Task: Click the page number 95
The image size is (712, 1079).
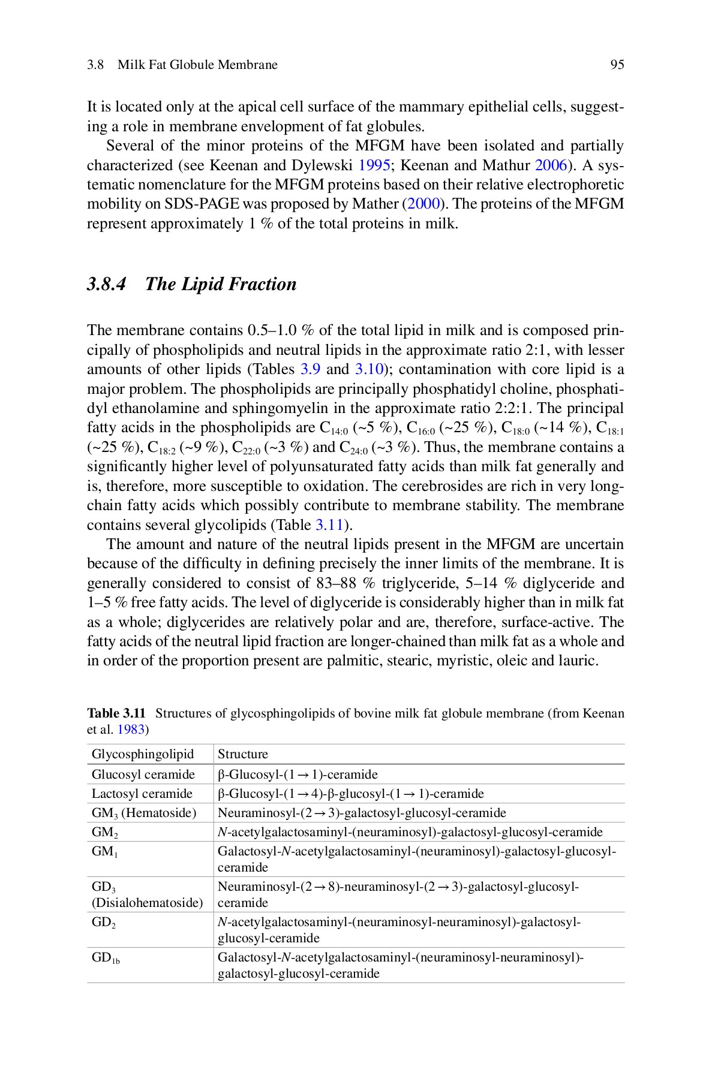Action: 617,65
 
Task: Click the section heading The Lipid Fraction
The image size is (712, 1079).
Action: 221,284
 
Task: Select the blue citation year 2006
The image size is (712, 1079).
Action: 550,165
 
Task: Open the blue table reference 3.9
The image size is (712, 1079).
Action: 305,369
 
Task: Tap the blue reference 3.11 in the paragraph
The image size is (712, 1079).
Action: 328,525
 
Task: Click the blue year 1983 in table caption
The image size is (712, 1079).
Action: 131,730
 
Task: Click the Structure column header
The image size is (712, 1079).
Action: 242,754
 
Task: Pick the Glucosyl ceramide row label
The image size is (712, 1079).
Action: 143,774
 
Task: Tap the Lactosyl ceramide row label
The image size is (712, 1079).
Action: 142,794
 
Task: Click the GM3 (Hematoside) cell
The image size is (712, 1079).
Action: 144,813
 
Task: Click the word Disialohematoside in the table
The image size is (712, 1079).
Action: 147,903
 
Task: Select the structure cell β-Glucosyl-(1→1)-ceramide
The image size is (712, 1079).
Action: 298,774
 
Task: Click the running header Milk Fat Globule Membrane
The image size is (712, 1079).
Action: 197,65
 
